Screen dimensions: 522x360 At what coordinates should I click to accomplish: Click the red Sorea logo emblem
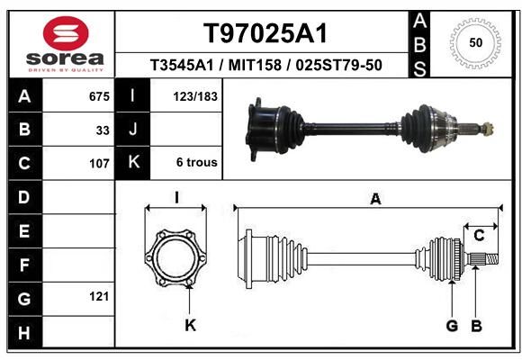pos(66,33)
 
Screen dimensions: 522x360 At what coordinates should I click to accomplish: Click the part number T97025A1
pos(265,33)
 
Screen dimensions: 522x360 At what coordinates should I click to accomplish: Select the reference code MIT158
pos(255,65)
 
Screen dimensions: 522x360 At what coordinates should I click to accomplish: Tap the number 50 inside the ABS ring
pos(476,43)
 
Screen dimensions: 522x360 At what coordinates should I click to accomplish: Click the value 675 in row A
pos(99,96)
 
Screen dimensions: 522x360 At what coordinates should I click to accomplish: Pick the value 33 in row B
pos(103,130)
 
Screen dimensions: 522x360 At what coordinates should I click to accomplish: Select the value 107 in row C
pos(99,164)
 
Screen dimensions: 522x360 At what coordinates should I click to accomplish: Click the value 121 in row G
pos(99,296)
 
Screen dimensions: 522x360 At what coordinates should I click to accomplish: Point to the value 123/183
pos(195,96)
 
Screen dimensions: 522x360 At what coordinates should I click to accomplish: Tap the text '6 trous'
pos(197,162)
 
